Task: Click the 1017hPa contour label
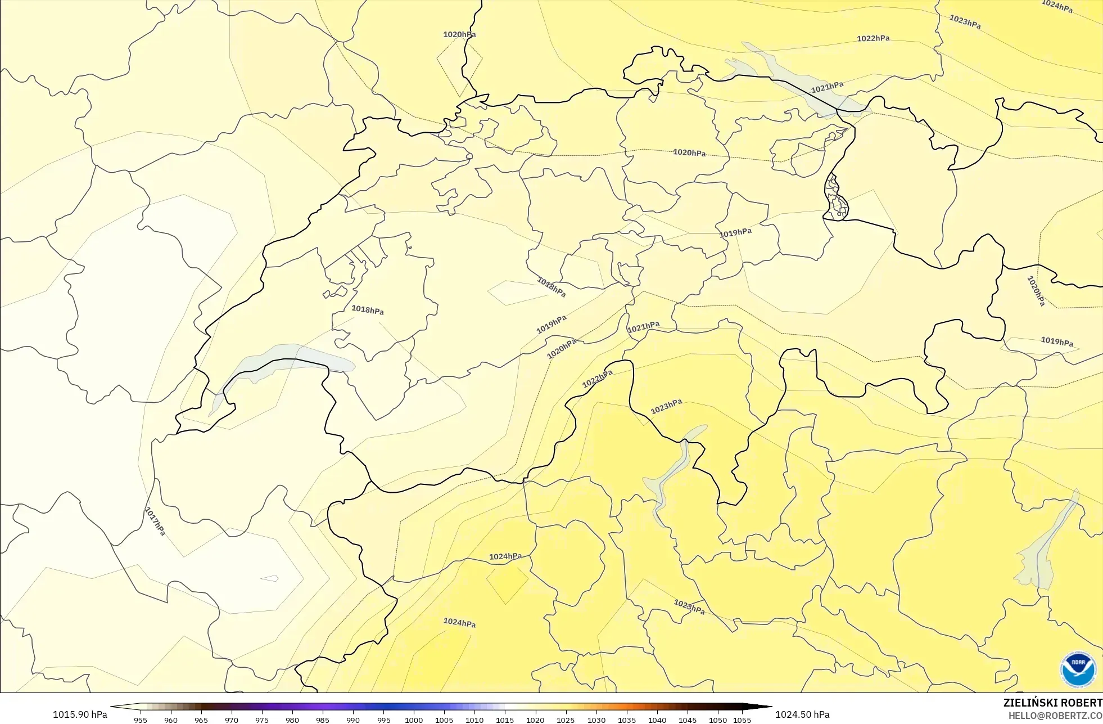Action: click(155, 521)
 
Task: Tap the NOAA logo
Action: click(1078, 669)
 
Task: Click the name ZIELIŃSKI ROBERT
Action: click(1052, 703)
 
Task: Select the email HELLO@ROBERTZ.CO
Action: click(1055, 716)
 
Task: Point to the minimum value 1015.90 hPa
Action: click(80, 714)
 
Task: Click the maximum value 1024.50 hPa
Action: click(802, 714)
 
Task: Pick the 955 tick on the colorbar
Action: click(141, 719)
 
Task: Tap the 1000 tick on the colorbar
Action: click(414, 719)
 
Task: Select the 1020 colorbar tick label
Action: click(535, 719)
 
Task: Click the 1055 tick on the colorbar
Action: click(742, 719)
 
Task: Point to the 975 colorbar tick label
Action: click(262, 719)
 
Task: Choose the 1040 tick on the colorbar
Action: click(657, 719)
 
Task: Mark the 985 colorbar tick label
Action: click(323, 719)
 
